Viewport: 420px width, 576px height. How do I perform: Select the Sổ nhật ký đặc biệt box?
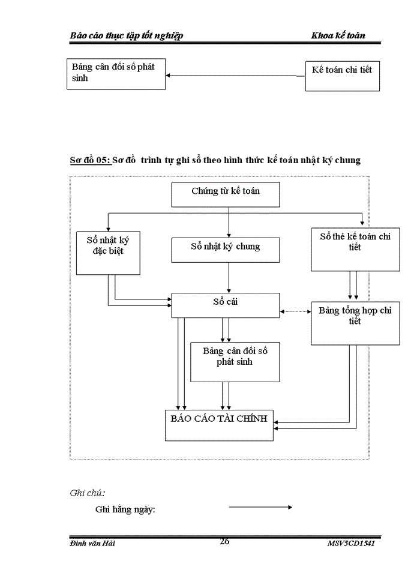(x=108, y=252)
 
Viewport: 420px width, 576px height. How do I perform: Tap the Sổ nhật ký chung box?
(x=226, y=250)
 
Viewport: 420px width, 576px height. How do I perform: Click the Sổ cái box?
(x=226, y=305)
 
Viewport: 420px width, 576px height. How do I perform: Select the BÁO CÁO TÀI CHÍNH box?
(x=219, y=425)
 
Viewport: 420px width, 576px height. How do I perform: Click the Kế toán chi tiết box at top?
(x=342, y=76)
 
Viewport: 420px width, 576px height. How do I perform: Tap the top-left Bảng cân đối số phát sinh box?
(x=116, y=74)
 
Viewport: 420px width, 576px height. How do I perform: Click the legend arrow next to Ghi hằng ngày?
(x=260, y=508)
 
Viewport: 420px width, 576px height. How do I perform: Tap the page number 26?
(x=224, y=541)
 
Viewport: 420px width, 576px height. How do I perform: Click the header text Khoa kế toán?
(x=338, y=35)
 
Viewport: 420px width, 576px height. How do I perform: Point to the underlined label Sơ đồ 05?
(x=90, y=161)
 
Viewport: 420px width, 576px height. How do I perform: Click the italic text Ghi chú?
(x=88, y=493)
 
